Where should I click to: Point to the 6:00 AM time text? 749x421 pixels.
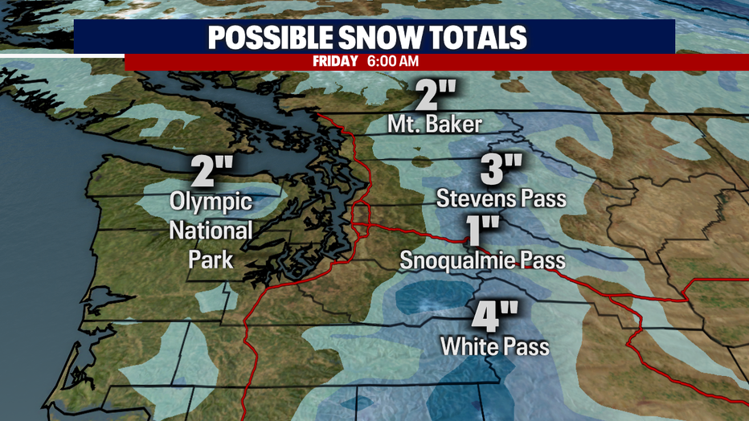point(391,61)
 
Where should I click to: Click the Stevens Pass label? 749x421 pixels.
point(501,198)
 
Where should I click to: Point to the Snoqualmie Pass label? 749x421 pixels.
point(483,261)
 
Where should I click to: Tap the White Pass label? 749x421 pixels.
point(494,346)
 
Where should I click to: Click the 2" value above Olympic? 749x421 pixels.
point(211,170)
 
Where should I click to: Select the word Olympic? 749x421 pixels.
point(211,202)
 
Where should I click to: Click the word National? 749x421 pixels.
point(211,231)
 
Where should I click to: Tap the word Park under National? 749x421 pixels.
point(211,260)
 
